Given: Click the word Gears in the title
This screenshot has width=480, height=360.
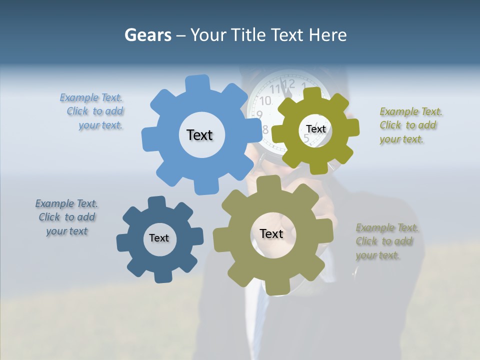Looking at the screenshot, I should tap(147, 35).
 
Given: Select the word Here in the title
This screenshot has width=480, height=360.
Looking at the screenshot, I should tap(327, 35).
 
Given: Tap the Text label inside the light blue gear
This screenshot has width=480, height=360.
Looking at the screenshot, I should tap(199, 135).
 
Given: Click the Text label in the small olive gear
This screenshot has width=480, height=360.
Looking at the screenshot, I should tap(315, 129).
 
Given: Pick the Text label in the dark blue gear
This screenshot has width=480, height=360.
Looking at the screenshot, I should tap(159, 238).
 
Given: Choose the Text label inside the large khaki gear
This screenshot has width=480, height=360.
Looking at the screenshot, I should tap(271, 233).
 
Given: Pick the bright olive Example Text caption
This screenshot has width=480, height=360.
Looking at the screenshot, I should tap(409, 125).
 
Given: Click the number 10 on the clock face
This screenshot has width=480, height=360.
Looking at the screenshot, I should tap(265, 100).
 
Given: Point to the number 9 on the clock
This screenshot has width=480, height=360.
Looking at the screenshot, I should tap(259, 114).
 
